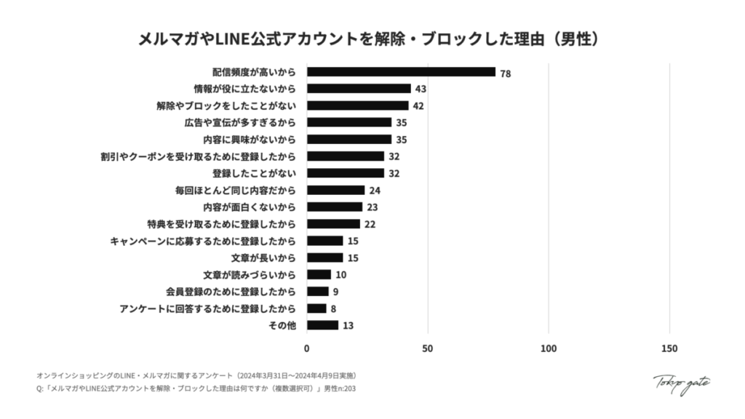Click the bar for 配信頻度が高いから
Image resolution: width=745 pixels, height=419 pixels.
tap(401, 72)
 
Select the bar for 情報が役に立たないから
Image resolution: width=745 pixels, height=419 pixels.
tap(359, 89)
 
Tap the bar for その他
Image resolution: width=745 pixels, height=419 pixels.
tap(322, 325)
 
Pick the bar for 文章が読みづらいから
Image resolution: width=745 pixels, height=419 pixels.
tap(319, 274)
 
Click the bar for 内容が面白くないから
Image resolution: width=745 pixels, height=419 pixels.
tap(335, 207)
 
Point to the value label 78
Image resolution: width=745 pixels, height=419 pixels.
tap(506, 73)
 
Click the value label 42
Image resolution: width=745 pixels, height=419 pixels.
tap(418, 106)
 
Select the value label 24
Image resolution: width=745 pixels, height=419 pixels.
tap(375, 191)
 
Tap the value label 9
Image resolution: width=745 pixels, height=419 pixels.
tap(335, 292)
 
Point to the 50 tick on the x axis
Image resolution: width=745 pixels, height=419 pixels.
tap(428, 348)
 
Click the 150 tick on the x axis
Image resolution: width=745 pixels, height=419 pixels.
tap(669, 348)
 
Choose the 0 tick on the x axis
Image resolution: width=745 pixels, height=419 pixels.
tap(307, 348)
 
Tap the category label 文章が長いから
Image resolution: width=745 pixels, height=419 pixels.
tap(264, 258)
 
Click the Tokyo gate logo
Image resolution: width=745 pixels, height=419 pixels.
tap(680, 383)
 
